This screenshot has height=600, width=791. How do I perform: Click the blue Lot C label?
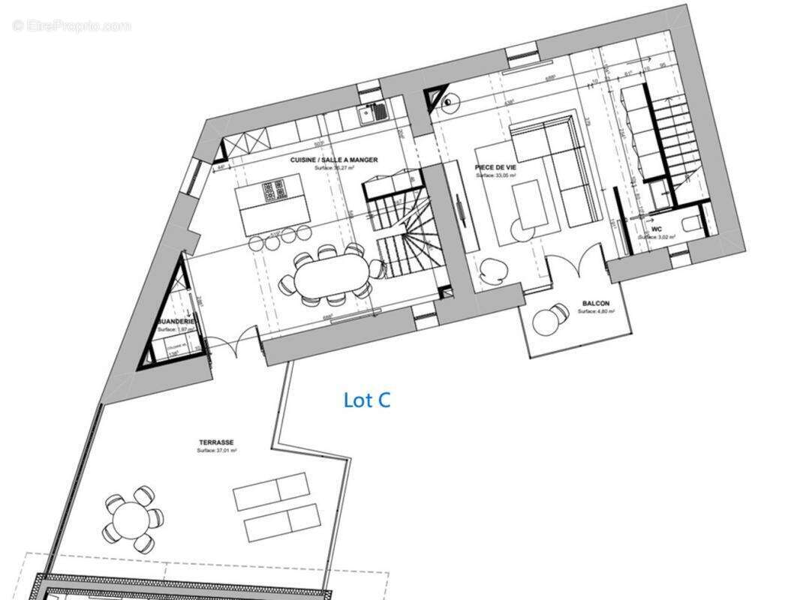click(367, 400)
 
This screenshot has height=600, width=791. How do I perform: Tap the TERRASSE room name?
click(218, 443)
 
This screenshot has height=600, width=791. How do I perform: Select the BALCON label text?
click(595, 304)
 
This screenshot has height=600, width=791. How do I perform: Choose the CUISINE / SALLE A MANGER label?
click(334, 160)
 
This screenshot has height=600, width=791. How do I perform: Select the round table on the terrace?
click(133, 517)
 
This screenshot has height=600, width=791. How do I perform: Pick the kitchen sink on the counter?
click(372, 113)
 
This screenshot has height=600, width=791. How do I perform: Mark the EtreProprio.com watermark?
click(71, 26)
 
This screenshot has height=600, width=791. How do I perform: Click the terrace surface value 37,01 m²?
click(218, 451)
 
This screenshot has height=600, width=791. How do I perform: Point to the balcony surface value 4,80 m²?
click(594, 311)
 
